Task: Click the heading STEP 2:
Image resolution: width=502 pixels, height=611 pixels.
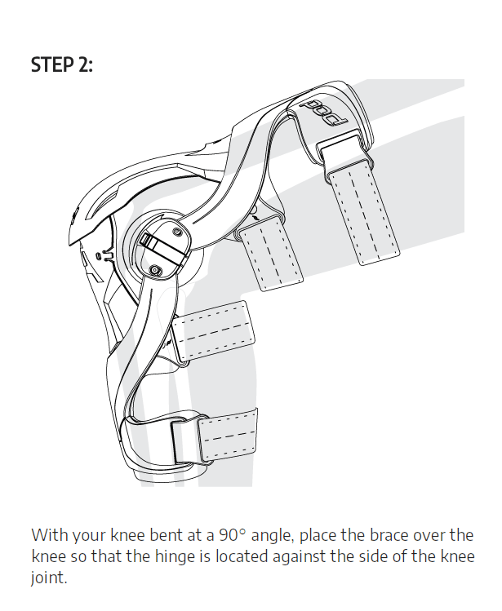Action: [x=62, y=64]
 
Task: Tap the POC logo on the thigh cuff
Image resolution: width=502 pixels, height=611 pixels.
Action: [x=322, y=113]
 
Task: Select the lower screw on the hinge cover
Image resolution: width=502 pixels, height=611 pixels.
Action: [x=155, y=269]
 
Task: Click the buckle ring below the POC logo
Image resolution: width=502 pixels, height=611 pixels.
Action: [x=344, y=156]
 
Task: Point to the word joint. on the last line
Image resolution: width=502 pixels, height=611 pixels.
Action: [x=49, y=578]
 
